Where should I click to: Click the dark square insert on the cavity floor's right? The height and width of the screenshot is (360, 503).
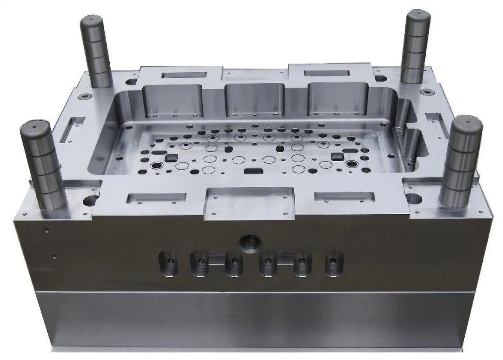[337, 156]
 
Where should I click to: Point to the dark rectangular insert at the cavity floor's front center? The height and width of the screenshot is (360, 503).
[255, 171]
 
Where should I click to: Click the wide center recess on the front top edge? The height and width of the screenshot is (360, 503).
[249, 201]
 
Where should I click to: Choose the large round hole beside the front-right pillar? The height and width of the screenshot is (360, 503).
[413, 198]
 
